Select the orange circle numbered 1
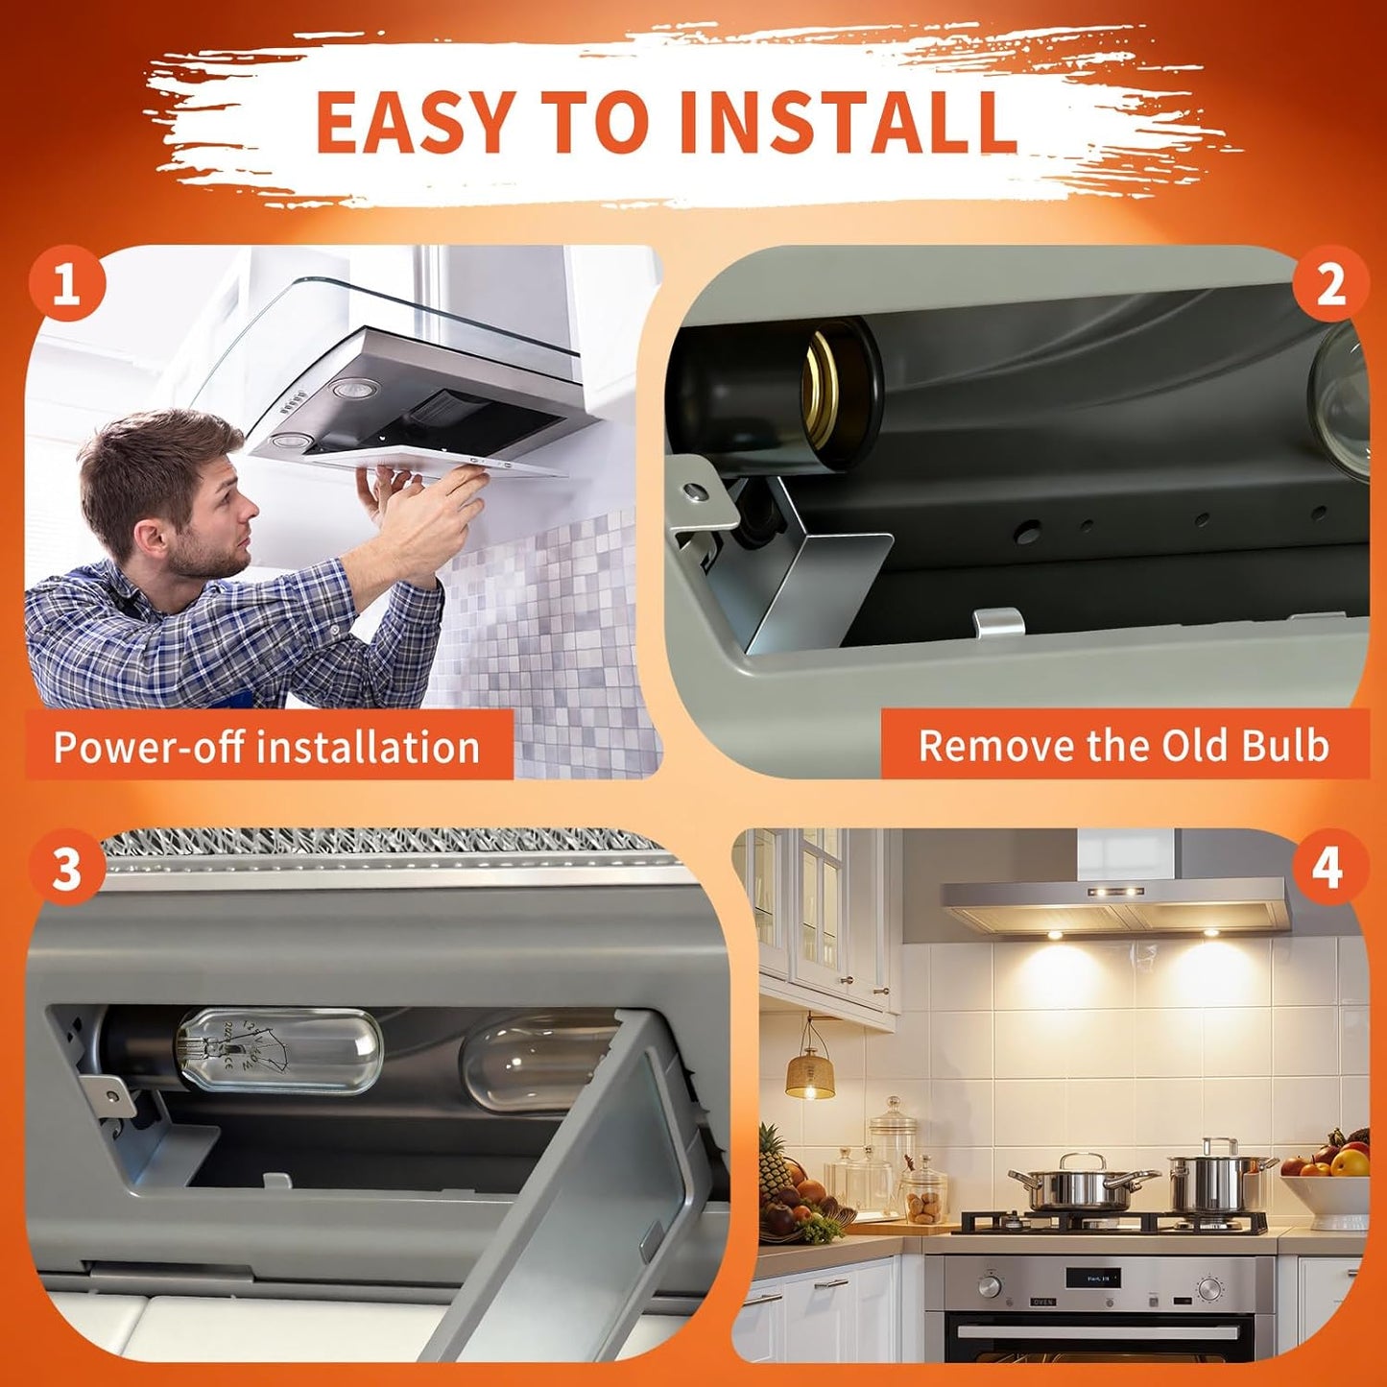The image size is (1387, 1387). tap(67, 283)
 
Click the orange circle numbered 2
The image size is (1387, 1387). tap(1330, 283)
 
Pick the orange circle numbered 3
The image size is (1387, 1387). tap(67, 868)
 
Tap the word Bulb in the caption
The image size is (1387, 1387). tap(1282, 745)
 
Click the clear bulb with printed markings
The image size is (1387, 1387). tap(279, 1050)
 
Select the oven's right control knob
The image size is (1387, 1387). tap(1210, 1288)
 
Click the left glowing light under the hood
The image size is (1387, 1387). tap(1055, 935)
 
